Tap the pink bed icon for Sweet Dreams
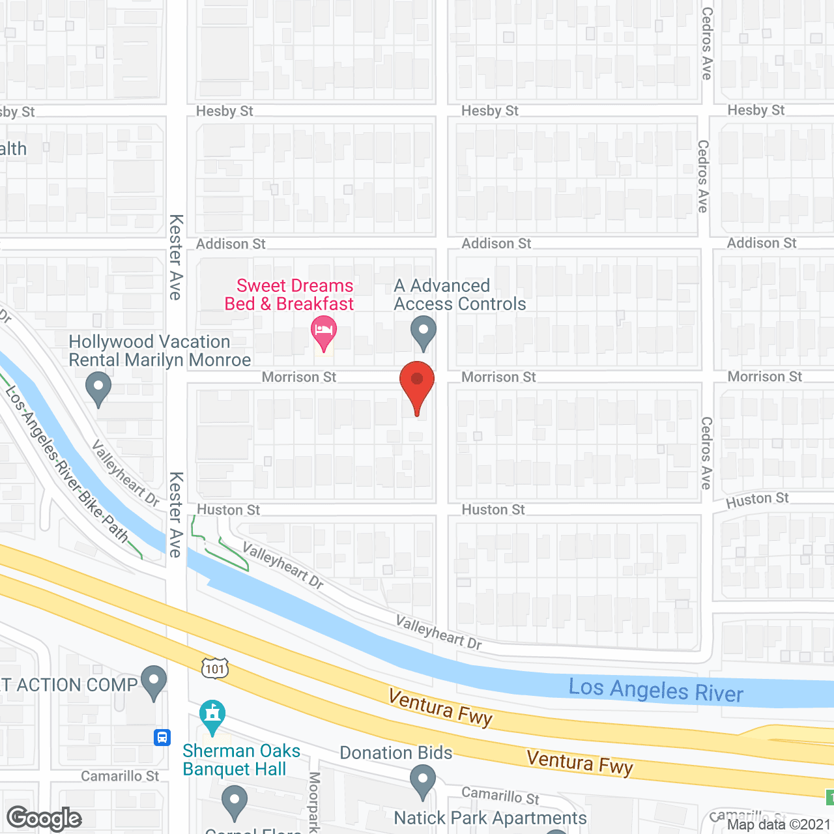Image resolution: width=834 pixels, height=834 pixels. tap(324, 332)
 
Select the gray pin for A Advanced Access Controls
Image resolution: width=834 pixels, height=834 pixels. tap(424, 332)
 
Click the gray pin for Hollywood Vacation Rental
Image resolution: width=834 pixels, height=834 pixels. tap(98, 388)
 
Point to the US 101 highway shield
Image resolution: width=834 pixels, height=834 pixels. tap(214, 668)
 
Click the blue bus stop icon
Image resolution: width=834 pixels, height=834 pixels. tap(162, 738)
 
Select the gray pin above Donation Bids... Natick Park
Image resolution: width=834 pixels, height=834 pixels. tap(423, 780)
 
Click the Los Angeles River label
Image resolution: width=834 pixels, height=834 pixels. tap(655, 690)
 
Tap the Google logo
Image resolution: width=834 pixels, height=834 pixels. tap(44, 818)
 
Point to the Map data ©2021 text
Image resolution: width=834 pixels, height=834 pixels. tap(779, 825)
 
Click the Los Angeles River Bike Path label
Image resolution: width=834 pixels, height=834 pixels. tap(65, 463)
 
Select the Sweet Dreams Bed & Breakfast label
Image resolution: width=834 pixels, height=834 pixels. tap(289, 295)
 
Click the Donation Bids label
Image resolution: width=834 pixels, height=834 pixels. tap(396, 753)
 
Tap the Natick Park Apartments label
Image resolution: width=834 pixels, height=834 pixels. tap(490, 818)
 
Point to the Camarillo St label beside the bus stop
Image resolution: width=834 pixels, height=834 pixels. tap(120, 776)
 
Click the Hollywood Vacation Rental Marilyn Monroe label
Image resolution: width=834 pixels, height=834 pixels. tap(160, 351)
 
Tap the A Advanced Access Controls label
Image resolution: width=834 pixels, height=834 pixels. tap(460, 295)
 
